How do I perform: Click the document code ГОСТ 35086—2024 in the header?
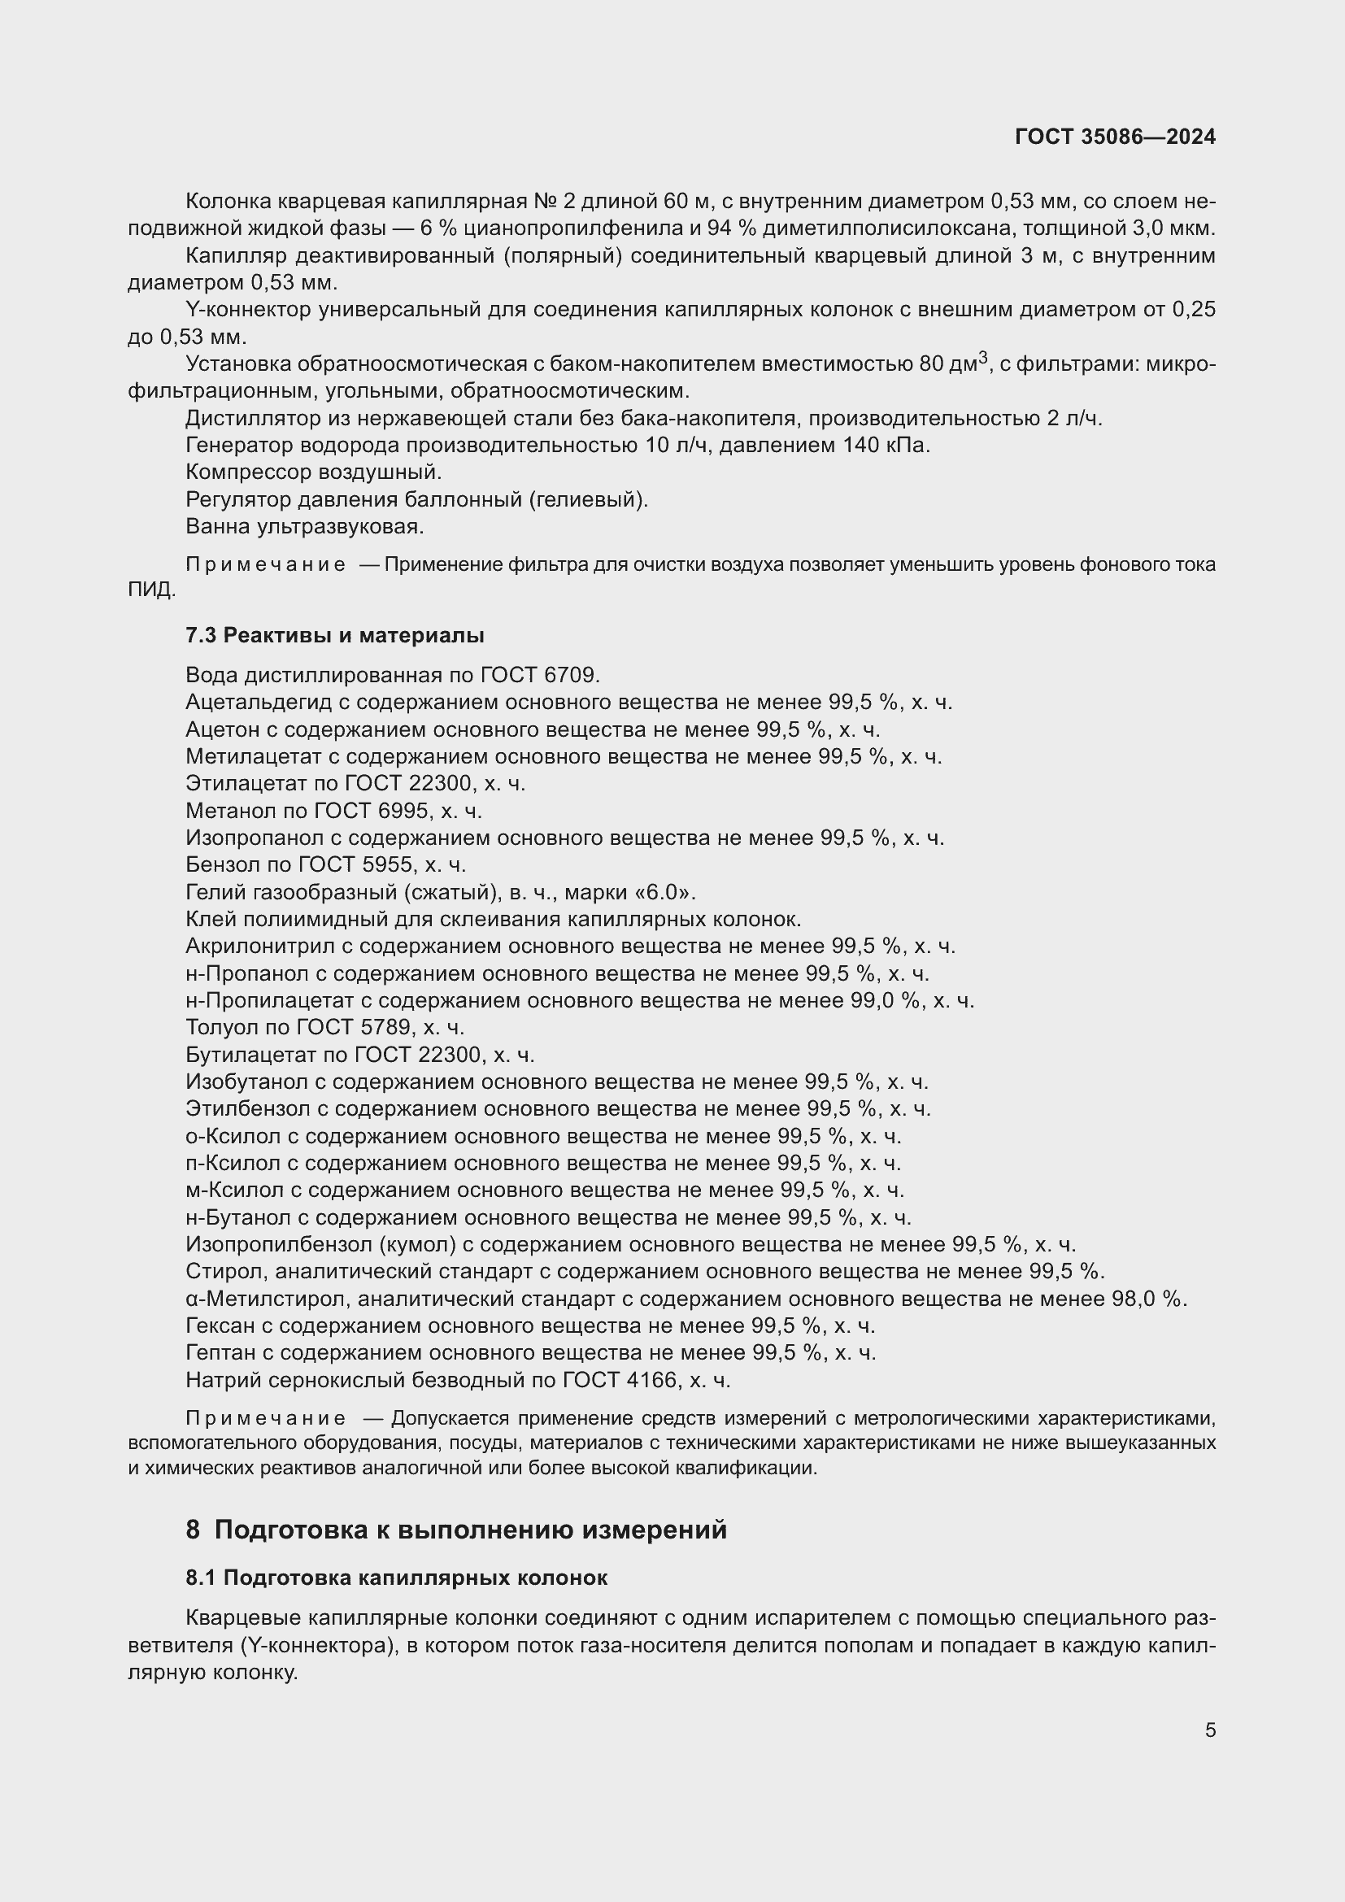pyautogui.click(x=1115, y=137)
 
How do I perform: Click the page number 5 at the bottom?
pyautogui.click(x=1210, y=1730)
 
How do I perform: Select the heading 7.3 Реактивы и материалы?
pyautogui.click(x=334, y=635)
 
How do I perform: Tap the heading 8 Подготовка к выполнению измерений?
pyautogui.click(x=456, y=1530)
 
